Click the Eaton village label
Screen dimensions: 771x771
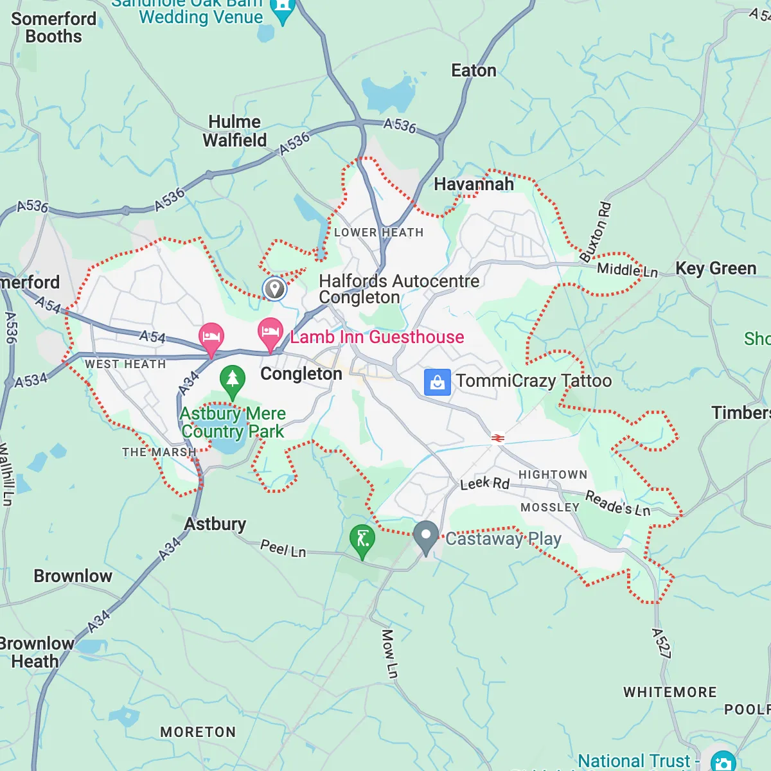474,71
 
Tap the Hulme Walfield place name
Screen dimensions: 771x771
235,131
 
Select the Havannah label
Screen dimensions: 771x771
474,184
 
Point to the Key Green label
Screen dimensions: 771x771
716,269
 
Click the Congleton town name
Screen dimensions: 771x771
301,374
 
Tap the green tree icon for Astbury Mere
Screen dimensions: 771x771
233,379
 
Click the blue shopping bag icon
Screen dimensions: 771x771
437,382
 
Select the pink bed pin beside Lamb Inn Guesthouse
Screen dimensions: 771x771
270,333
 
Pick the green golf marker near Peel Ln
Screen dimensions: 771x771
362,539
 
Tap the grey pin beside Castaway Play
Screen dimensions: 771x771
425,536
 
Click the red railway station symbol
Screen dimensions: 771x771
497,438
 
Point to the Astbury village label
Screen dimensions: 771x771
215,524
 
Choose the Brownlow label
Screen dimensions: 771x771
73,576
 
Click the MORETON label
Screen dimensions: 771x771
198,732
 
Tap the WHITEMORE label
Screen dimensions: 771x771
670,692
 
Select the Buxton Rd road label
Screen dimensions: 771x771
596,232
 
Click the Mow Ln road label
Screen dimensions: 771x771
389,653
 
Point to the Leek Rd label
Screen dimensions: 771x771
485,483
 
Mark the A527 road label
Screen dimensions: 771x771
661,643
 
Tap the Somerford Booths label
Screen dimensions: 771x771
53,28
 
